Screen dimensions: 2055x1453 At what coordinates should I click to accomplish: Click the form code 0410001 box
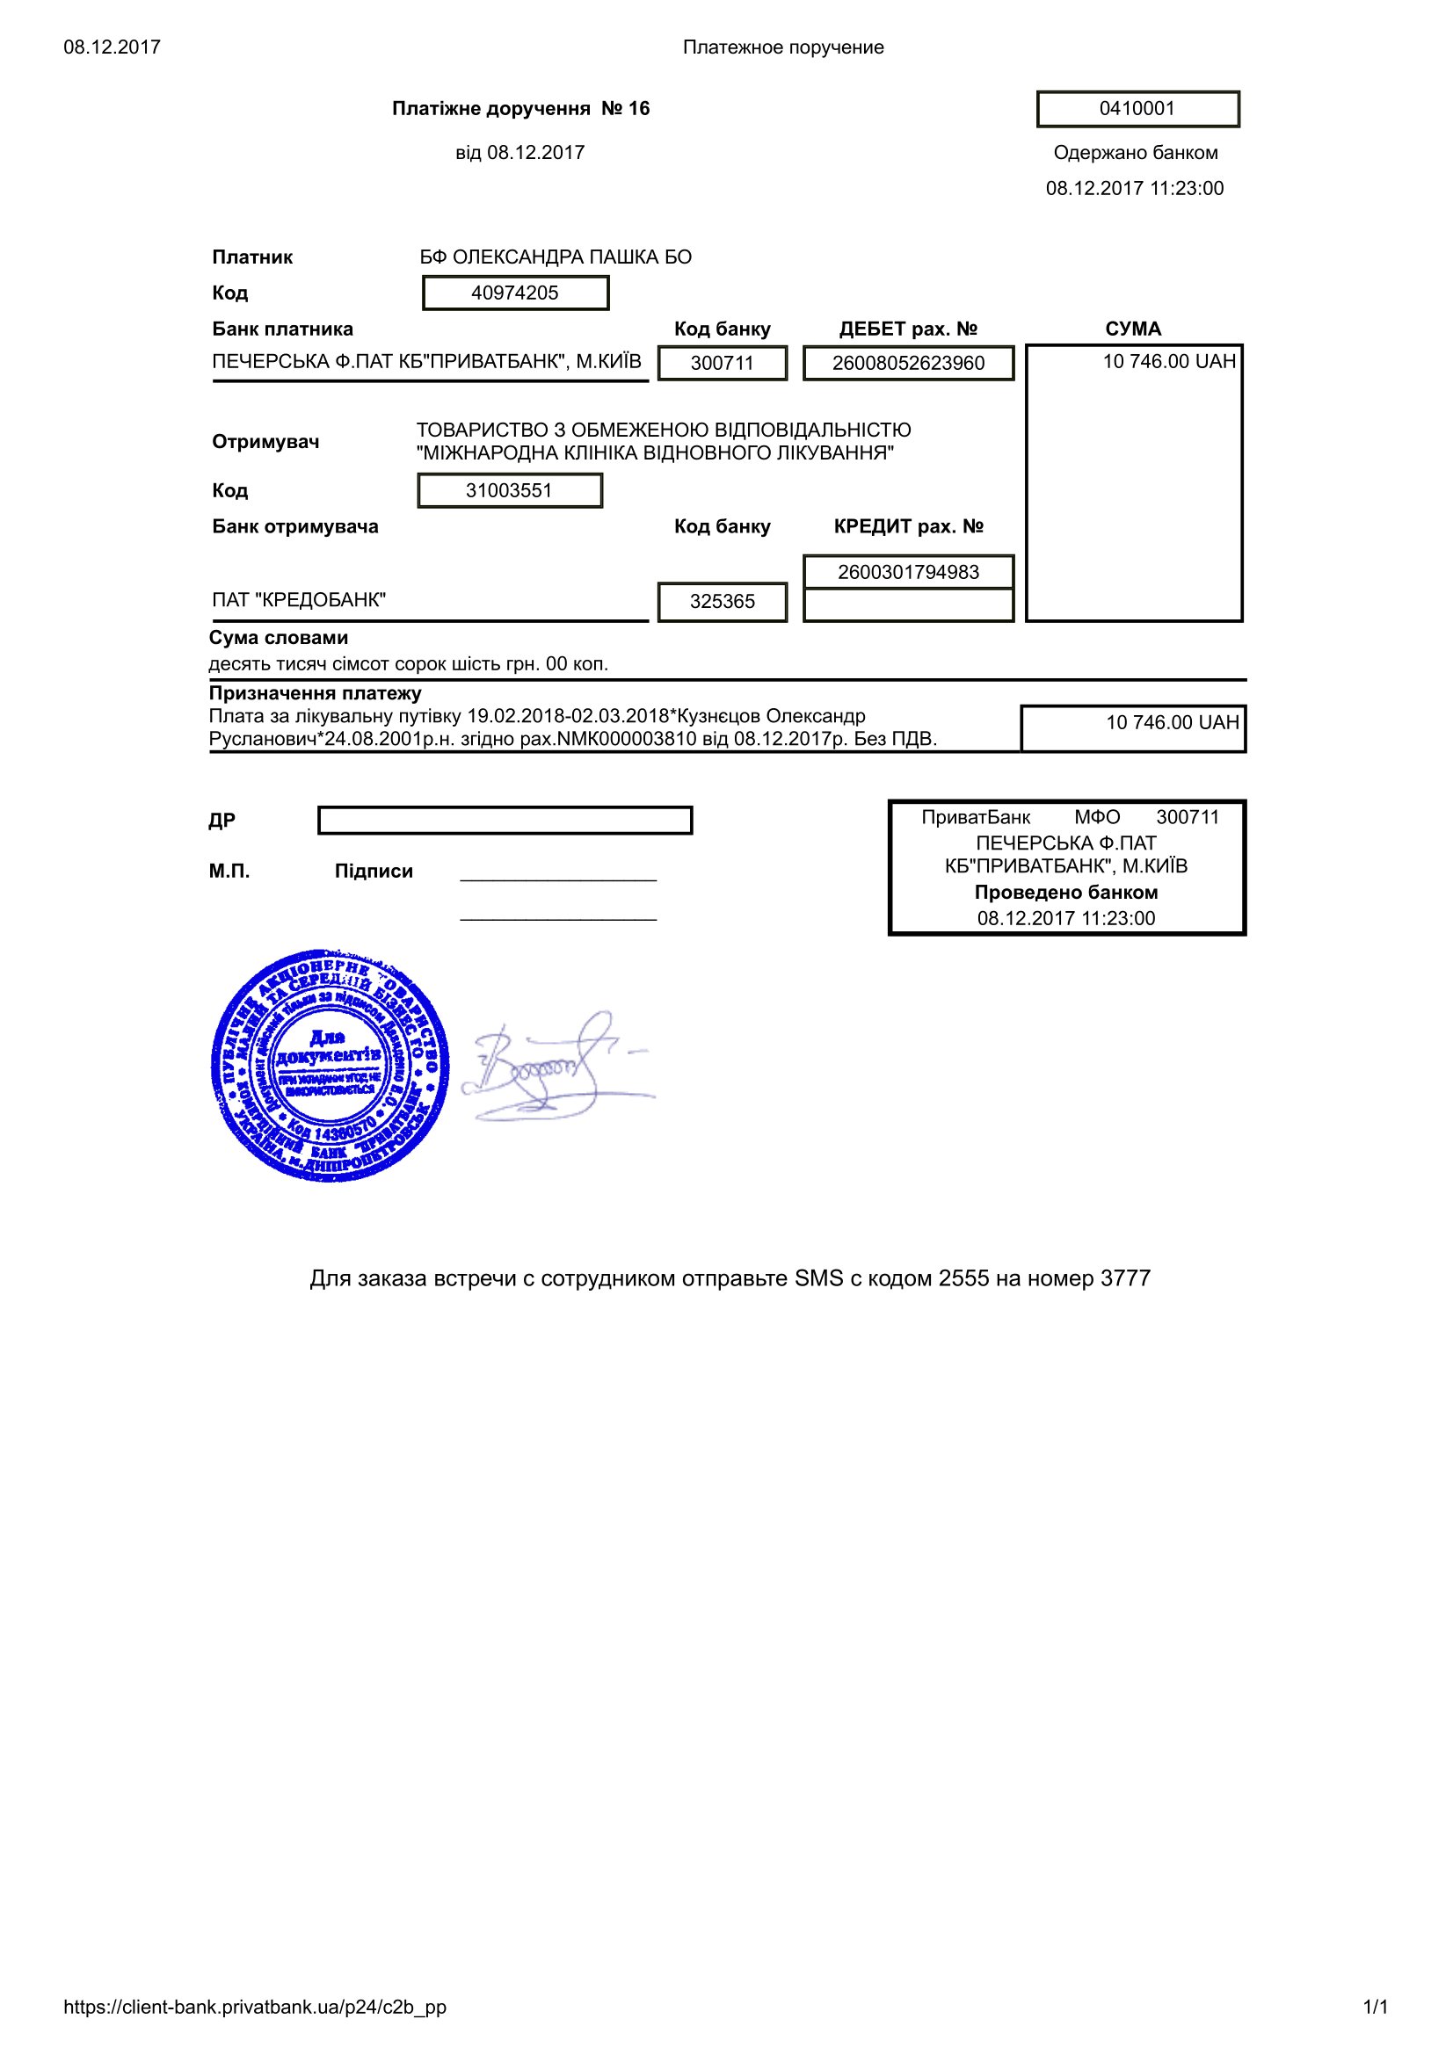pyautogui.click(x=1137, y=109)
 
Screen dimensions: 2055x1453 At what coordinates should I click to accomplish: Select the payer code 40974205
pyautogui.click(x=515, y=293)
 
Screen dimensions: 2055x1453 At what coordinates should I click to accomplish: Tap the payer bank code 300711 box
pyautogui.click(x=722, y=363)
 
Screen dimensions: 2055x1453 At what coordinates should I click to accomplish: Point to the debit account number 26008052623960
pyautogui.click(x=908, y=363)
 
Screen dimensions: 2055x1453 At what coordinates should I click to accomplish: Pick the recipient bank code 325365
pyautogui.click(x=722, y=602)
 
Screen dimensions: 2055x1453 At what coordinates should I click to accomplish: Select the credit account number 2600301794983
pyautogui.click(x=908, y=572)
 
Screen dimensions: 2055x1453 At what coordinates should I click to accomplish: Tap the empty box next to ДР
pyautogui.click(x=505, y=820)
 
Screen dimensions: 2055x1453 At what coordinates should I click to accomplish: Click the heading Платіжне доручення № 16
pyautogui.click(x=520, y=108)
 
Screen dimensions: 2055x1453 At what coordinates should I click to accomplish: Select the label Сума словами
pyautogui.click(x=279, y=637)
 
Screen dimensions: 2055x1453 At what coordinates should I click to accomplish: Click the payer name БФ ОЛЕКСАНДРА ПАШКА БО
pyautogui.click(x=555, y=257)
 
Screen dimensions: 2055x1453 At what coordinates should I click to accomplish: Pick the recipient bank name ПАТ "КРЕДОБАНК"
pyautogui.click(x=299, y=600)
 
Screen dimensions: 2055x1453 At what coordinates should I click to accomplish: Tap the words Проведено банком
pyautogui.click(x=1065, y=893)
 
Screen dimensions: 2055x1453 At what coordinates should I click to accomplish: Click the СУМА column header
pyautogui.click(x=1132, y=329)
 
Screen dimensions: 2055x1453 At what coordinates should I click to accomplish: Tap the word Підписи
pyautogui.click(x=374, y=871)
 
